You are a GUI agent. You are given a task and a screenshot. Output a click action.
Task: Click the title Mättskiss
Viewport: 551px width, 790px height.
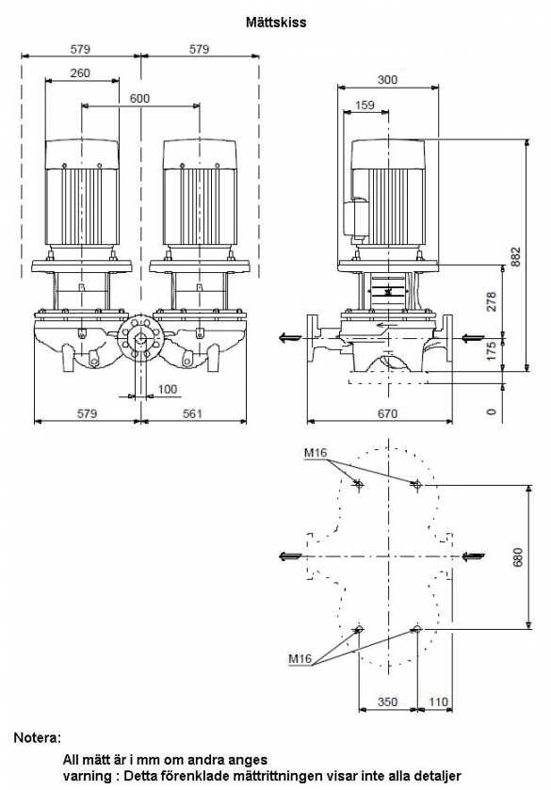276,23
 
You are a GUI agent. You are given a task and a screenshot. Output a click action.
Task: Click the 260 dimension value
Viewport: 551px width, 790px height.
80,73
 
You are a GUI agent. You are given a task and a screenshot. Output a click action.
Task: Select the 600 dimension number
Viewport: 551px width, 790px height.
139,98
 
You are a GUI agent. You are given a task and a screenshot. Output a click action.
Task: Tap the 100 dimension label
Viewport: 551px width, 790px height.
168,389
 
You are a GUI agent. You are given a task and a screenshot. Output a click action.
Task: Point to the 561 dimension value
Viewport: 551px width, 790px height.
192,413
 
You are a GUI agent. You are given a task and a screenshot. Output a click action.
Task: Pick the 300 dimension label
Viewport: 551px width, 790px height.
387,80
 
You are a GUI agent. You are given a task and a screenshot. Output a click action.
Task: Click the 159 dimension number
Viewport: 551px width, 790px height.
365,105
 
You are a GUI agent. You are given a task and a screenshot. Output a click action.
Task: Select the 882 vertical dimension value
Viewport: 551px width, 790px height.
516,256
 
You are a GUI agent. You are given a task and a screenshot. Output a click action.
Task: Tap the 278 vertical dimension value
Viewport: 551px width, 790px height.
492,301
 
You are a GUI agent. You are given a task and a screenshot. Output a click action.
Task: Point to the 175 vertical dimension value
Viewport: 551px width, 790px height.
492,351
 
